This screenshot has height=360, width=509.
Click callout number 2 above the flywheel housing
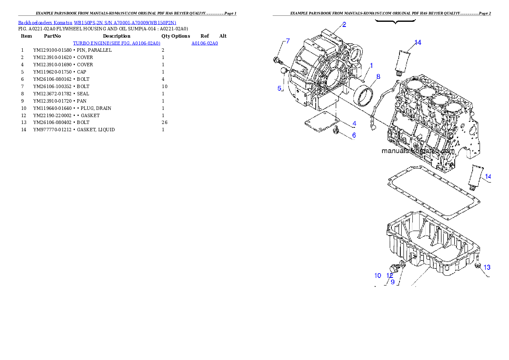(x=344, y=24)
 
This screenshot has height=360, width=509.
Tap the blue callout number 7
(x=288, y=41)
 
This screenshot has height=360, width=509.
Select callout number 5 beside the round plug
(x=280, y=89)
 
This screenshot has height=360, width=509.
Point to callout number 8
(x=379, y=77)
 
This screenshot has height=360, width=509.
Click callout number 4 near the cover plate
(x=354, y=124)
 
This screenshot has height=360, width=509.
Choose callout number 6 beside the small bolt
(x=354, y=136)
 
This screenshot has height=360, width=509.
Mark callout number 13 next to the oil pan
(x=487, y=267)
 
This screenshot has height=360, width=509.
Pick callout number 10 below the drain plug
(x=378, y=276)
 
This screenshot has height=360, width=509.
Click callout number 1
(x=371, y=65)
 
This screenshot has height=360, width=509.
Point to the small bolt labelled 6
(x=336, y=130)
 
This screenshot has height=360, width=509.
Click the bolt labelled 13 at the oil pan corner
(x=478, y=267)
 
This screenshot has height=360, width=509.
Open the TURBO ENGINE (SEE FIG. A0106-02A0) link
(x=116, y=43)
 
